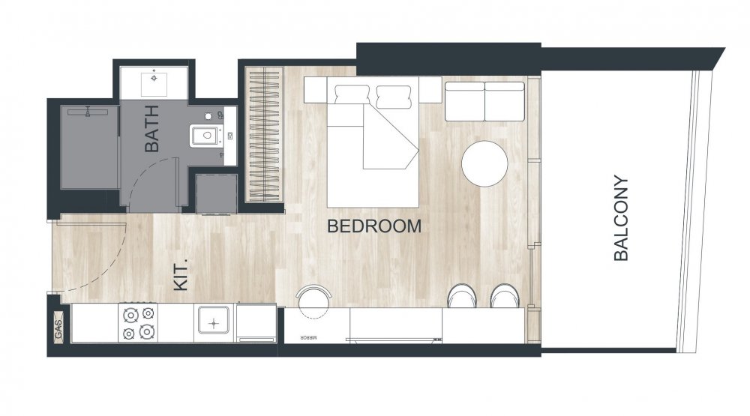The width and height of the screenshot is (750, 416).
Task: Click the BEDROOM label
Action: (374, 226)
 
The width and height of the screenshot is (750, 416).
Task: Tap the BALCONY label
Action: (621, 218)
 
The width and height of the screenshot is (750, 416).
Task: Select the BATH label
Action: (151, 128)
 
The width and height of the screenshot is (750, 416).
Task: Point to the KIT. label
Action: (181, 275)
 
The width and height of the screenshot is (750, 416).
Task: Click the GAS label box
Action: (58, 327)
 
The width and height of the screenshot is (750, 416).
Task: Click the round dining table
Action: (484, 163)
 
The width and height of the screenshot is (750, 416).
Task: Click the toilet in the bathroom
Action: (207, 136)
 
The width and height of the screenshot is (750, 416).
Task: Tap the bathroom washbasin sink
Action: (154, 84)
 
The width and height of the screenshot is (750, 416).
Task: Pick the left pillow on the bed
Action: (352, 96)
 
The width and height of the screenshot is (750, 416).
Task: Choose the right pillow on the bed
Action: (394, 96)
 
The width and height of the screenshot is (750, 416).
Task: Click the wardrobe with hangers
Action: (264, 134)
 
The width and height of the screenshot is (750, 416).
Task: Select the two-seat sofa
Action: (485, 101)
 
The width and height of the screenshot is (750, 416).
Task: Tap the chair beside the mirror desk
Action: (313, 301)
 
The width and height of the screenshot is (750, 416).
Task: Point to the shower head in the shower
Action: (88, 112)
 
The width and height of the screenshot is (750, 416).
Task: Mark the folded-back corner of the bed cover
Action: (390, 139)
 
